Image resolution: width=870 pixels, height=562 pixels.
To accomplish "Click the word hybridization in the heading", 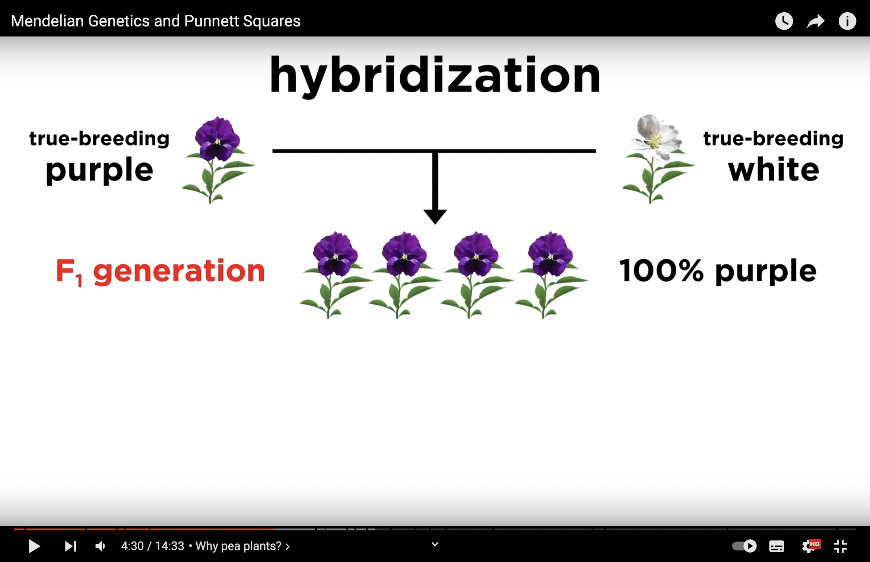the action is click(435, 76).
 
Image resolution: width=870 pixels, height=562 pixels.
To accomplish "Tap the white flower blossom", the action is click(656, 137).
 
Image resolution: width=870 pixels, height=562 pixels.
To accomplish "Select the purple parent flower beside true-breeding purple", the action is click(218, 160).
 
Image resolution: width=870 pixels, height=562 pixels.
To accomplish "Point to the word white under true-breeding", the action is click(774, 169).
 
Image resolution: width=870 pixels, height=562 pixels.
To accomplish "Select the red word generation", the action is click(179, 272).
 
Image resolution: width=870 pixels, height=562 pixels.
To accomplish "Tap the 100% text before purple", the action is click(661, 271).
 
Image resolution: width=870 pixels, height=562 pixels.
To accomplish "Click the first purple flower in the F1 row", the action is click(335, 275).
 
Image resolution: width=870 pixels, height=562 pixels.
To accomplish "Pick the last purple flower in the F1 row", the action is click(551, 275).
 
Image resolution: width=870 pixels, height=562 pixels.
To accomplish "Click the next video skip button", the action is click(70, 546).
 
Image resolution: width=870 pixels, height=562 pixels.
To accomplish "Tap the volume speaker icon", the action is click(100, 546).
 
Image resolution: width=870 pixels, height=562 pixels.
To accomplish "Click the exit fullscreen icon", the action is click(840, 546).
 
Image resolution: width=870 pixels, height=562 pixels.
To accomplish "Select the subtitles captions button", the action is click(777, 546).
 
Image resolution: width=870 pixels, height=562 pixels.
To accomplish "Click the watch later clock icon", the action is click(784, 21).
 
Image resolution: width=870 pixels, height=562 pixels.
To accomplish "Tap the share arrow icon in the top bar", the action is click(816, 21).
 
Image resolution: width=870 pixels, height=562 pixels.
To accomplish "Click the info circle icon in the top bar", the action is click(847, 21).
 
